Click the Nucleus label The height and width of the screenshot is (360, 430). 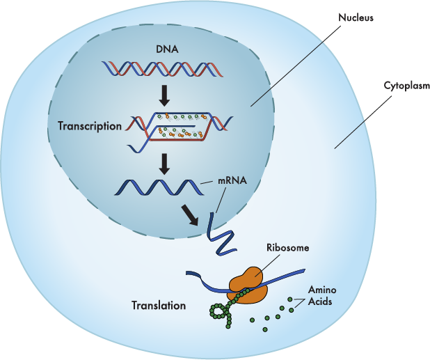[x=356, y=17]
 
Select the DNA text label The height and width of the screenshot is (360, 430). [x=167, y=49]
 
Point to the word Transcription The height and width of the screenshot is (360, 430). [x=90, y=126]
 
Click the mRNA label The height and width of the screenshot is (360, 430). [x=232, y=180]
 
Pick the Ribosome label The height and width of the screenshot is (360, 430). [x=287, y=247]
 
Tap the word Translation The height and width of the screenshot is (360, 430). [x=159, y=306]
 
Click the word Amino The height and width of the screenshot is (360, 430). [x=322, y=290]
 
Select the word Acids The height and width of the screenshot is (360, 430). [x=320, y=302]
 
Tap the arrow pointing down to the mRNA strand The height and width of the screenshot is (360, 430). [x=164, y=164]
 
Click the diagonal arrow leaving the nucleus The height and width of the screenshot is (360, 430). [x=190, y=215]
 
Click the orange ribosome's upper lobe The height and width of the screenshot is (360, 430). [x=246, y=278]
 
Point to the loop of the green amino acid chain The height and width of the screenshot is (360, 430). [x=217, y=312]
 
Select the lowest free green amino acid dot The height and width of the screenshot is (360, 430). [x=265, y=329]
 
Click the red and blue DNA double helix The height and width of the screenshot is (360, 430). [x=162, y=69]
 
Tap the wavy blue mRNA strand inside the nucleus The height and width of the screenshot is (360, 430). [x=159, y=187]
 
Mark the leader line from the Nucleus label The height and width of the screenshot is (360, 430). [x=296, y=66]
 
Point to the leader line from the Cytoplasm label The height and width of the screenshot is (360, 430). [x=363, y=122]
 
